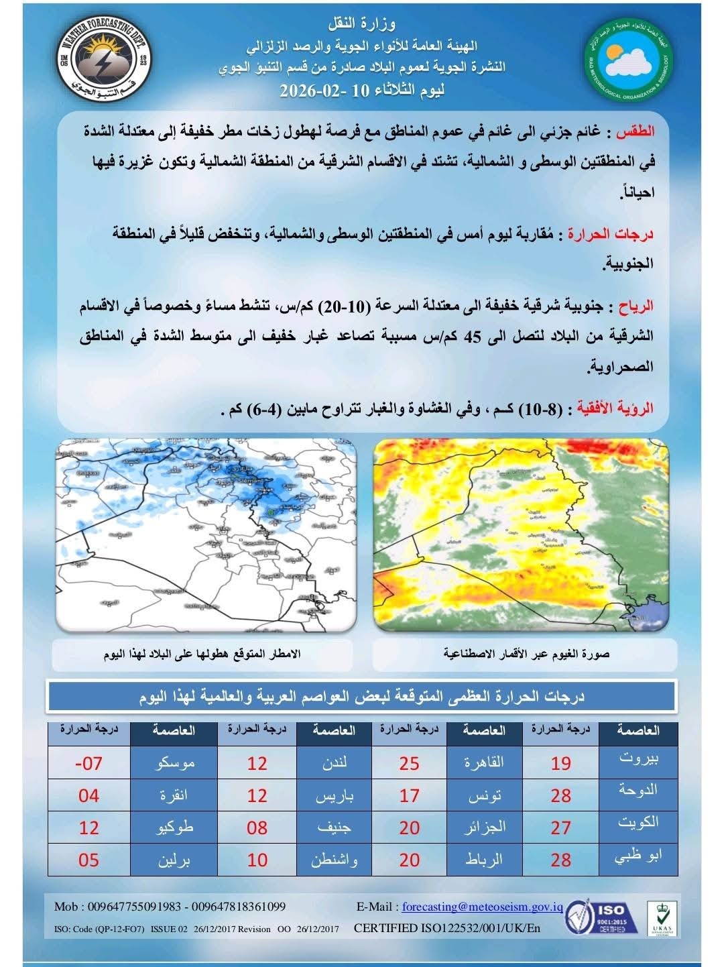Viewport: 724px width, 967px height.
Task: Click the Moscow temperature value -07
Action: coord(88,763)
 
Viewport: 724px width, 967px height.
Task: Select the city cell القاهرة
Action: coord(484,763)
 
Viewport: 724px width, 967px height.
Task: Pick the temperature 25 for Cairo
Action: coord(409,763)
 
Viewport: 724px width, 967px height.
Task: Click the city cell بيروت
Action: coord(638,760)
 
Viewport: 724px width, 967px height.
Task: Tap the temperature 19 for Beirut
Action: coord(560,763)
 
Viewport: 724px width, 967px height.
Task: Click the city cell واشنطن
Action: coord(334,860)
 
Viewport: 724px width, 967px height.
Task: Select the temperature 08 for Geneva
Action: coord(257,828)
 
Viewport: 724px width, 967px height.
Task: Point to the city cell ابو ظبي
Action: coord(638,858)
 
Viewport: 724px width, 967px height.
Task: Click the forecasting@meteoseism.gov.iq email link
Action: coord(482,907)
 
